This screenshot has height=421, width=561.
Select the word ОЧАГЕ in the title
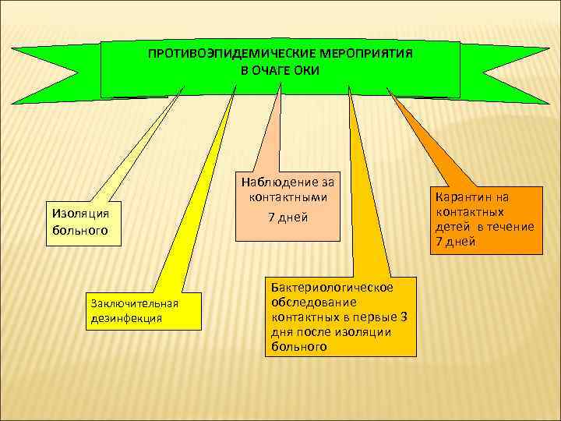click(273, 70)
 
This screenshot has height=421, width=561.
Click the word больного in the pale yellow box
click(77, 231)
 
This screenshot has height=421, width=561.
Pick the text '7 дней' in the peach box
click(288, 218)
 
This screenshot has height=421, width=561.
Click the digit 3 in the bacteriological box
click(402, 317)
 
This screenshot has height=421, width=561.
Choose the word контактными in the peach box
click(288, 197)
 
